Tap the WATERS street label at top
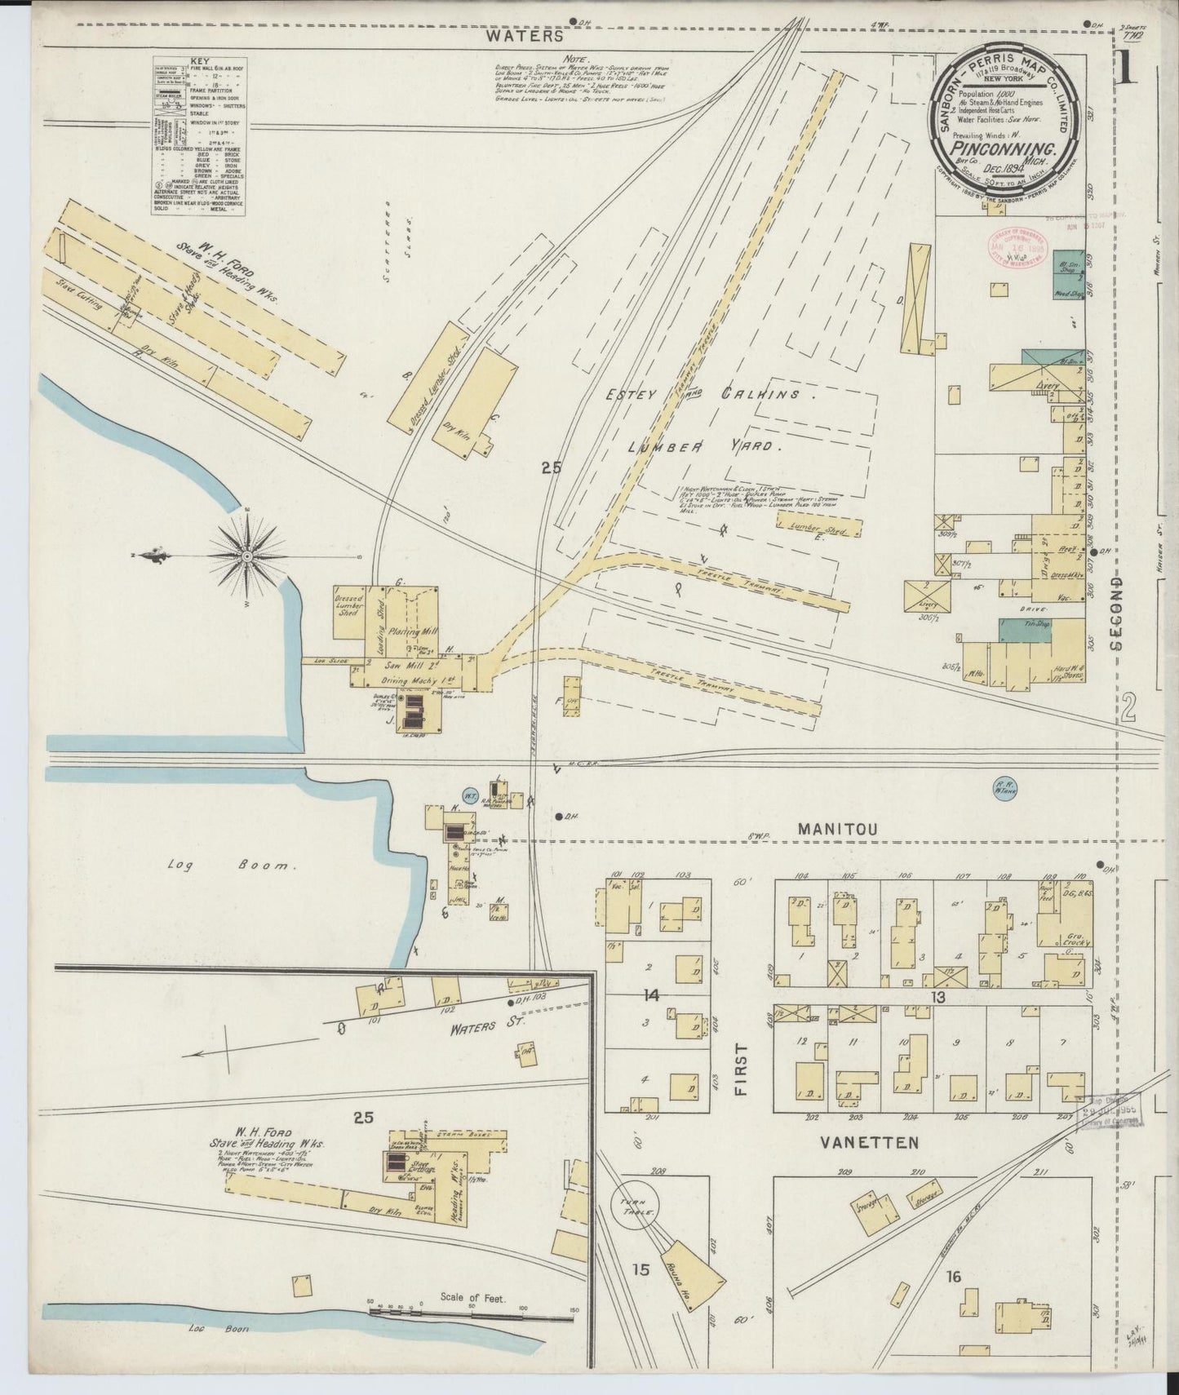point(535,36)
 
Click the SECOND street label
point(1115,613)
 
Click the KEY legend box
point(199,137)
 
